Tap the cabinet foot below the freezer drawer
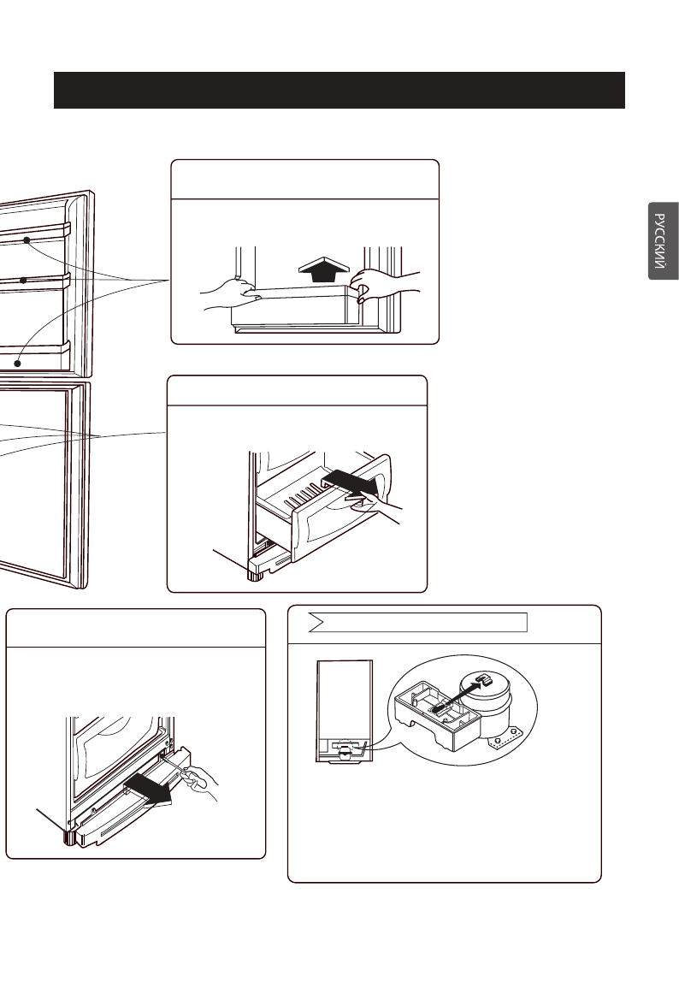(253, 570)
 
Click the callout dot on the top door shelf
(27, 241)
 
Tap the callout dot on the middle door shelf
(24, 280)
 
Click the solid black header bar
(339, 90)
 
